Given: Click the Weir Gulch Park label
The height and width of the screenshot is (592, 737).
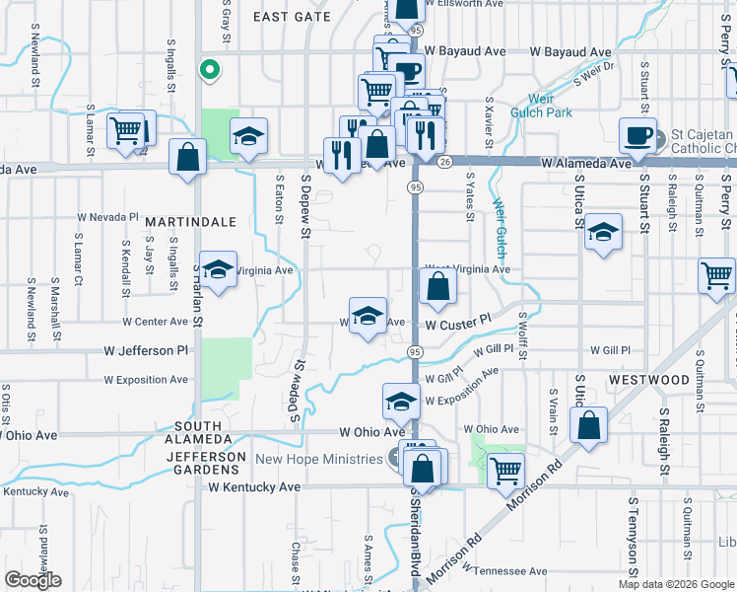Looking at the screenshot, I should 541,106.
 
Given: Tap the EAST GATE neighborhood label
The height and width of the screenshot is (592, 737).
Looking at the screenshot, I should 292,17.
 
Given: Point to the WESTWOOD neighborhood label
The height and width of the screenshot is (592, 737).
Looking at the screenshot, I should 648,380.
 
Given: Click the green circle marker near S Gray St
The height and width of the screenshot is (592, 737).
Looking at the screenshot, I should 208,69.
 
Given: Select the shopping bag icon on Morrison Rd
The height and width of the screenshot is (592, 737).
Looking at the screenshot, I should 588,425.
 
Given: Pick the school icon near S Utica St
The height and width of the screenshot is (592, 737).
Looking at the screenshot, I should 603,234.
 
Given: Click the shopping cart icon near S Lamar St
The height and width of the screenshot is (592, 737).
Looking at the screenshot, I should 126,129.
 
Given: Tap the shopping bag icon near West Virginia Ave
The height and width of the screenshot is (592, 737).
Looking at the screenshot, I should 438,287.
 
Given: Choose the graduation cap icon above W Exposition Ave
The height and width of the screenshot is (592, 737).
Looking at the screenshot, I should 401,401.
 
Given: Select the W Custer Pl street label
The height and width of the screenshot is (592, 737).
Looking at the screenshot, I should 458,323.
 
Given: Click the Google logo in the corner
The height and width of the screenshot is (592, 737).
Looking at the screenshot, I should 33,580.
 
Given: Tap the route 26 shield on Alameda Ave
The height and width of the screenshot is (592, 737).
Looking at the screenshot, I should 445,161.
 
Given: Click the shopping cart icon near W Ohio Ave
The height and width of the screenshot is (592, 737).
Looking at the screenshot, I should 505,470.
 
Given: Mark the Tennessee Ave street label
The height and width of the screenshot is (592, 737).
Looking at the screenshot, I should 509,571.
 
